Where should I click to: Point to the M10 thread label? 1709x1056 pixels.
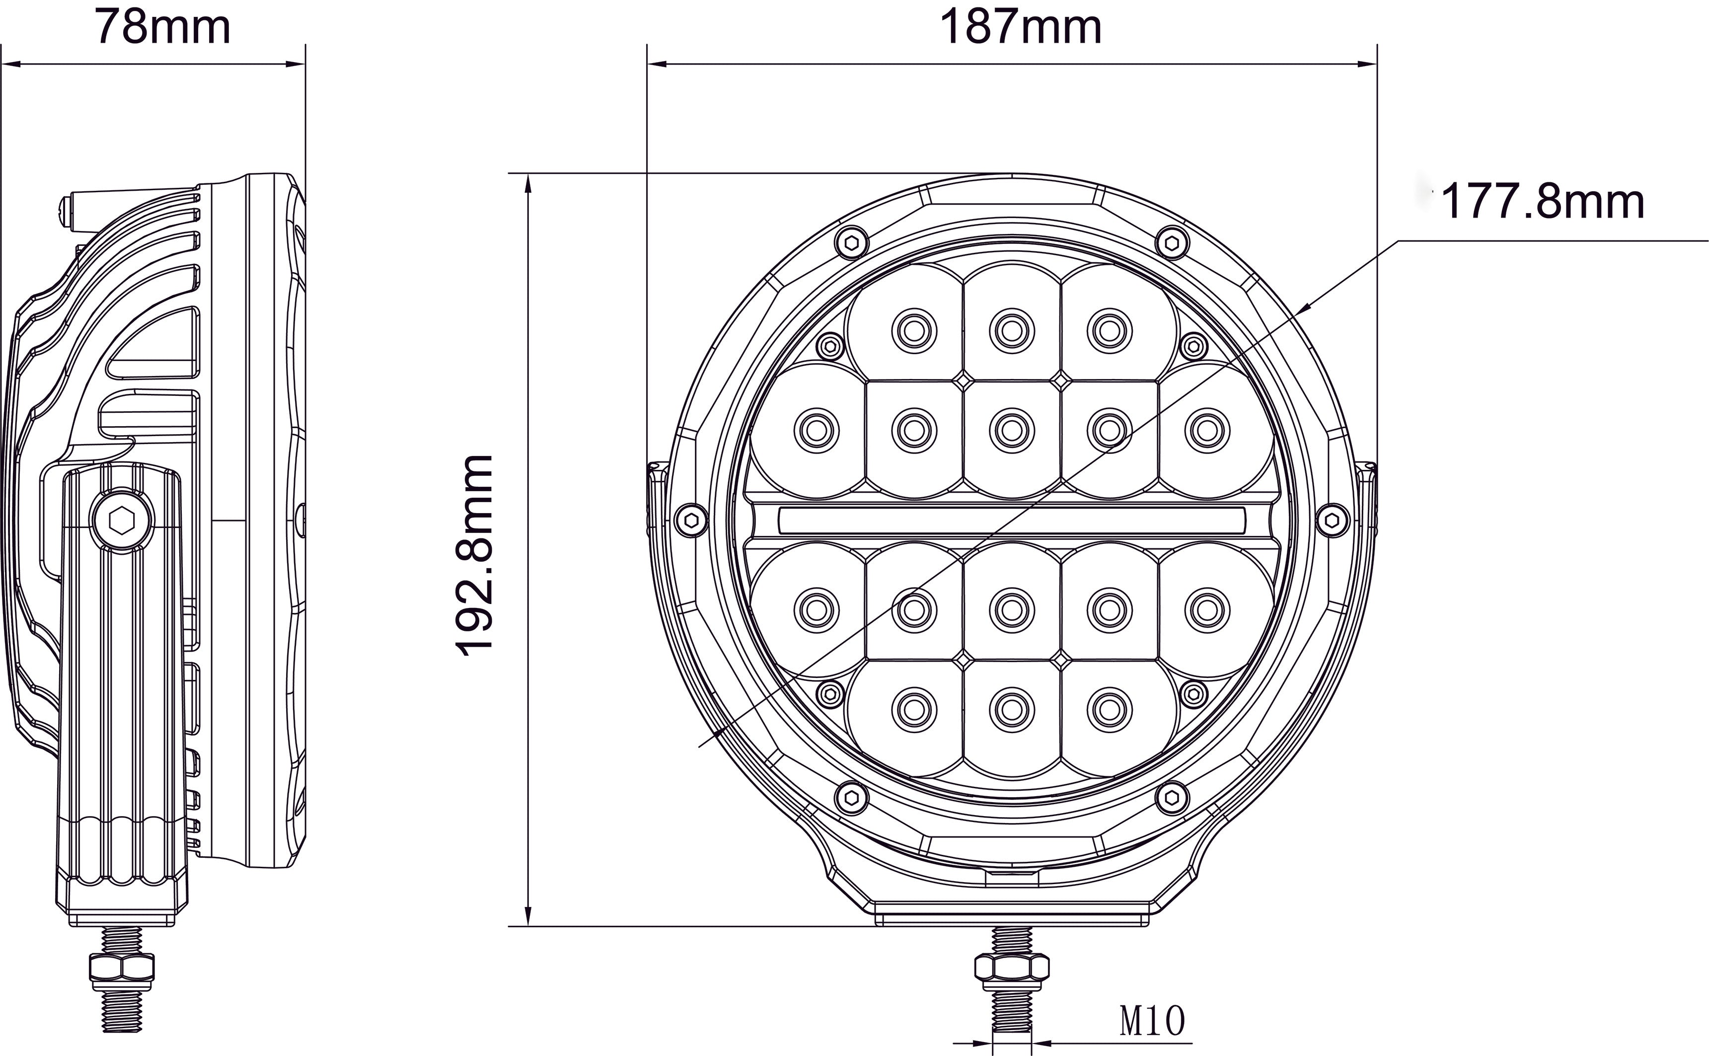tap(1152, 1021)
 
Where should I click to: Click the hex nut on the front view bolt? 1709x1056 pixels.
tap(1011, 968)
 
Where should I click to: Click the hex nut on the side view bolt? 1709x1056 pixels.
tap(122, 968)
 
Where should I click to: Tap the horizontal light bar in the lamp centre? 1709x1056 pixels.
tap(1011, 518)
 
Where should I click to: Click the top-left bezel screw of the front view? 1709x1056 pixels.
tap(851, 242)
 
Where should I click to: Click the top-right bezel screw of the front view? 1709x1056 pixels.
tap(1172, 242)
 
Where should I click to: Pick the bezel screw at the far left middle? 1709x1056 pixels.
tap(691, 520)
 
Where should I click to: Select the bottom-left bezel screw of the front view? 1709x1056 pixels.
tap(851, 796)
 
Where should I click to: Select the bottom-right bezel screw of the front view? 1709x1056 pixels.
tap(1172, 796)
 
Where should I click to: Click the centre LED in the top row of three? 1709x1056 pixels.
tap(1011, 328)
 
